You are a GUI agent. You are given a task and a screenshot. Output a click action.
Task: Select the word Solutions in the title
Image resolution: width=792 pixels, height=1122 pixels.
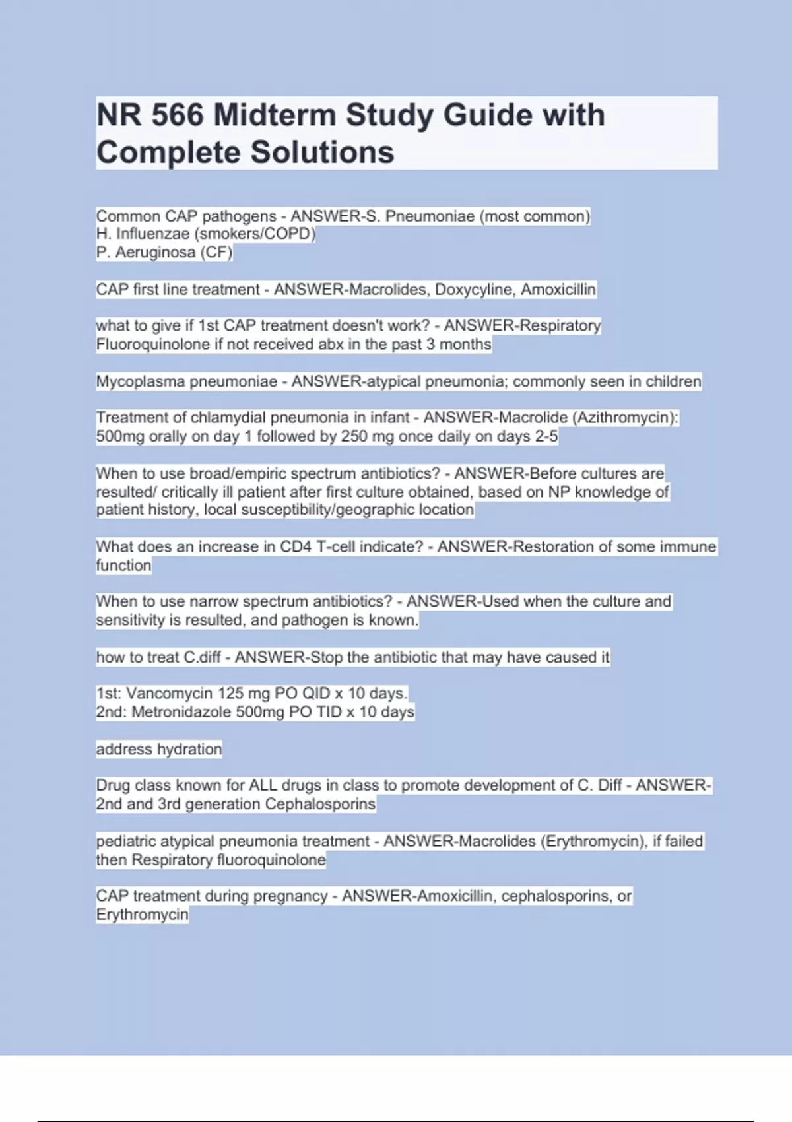point(322,152)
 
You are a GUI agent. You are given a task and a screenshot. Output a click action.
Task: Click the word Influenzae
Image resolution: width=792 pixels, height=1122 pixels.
point(152,234)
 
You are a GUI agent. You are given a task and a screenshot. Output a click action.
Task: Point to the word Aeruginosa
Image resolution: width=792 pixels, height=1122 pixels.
point(155,252)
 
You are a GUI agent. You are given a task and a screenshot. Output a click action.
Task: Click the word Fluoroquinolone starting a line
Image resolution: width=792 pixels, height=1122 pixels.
point(153,344)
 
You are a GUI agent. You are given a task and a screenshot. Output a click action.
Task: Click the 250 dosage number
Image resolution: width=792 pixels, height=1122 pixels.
point(354,436)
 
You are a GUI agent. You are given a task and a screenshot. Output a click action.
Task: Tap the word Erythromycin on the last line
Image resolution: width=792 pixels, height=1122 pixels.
point(142,915)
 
